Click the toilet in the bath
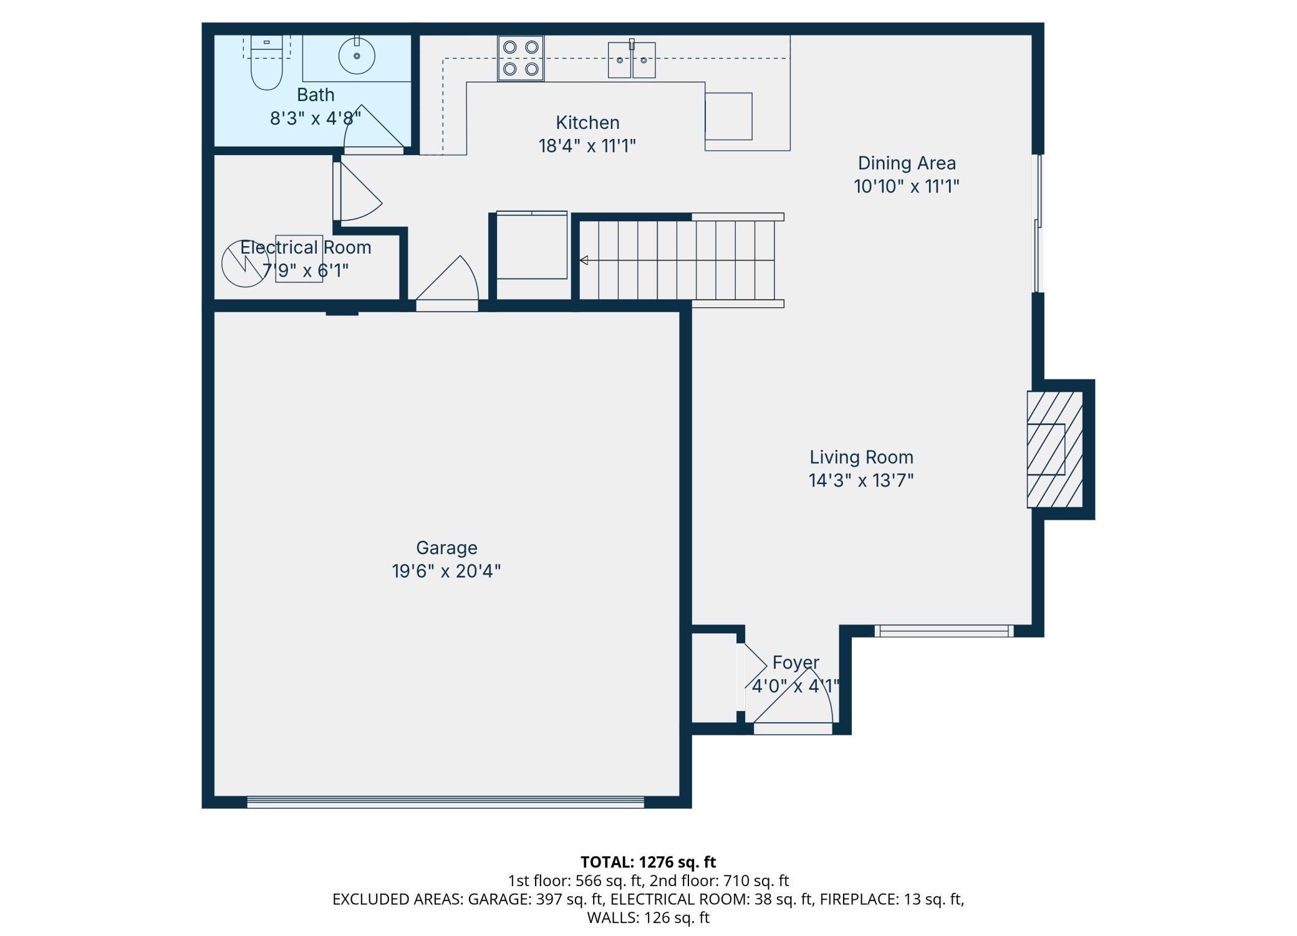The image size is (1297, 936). [x=266, y=62]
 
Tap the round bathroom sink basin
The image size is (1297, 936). [x=357, y=55]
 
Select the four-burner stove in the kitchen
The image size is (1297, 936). [x=521, y=58]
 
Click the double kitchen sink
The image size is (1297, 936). [x=632, y=60]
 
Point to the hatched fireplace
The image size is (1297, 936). [x=1054, y=449]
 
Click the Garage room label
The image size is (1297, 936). [x=446, y=548]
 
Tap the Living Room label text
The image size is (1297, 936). [x=861, y=457]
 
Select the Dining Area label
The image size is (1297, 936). [x=907, y=163]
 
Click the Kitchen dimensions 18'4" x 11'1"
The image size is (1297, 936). [x=587, y=146]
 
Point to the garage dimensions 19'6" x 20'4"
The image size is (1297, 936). [x=446, y=571]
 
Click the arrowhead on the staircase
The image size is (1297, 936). [x=584, y=260]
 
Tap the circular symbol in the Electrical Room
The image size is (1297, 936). [x=245, y=264]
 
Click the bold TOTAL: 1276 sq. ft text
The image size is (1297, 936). [x=648, y=862]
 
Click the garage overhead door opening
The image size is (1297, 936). [x=445, y=802]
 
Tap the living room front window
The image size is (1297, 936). [x=944, y=631]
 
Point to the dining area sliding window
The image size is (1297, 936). [x=1038, y=223]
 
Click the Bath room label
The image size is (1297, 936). [x=316, y=95]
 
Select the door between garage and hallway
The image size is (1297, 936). [x=447, y=284]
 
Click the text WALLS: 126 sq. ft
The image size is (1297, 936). [x=648, y=917]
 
